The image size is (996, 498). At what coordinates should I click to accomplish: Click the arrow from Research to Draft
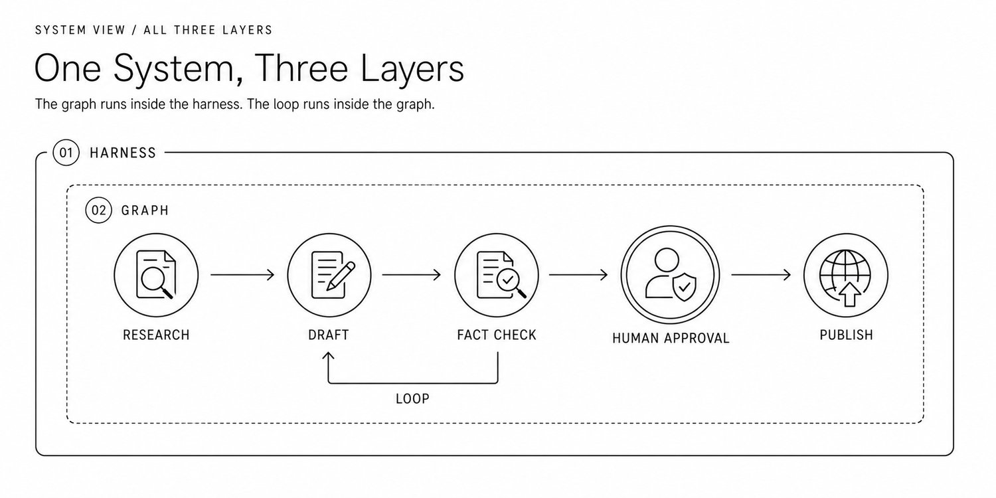click(x=242, y=275)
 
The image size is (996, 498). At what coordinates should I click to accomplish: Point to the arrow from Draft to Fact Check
click(x=411, y=275)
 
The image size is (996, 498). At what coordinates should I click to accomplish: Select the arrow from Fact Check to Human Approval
click(x=578, y=275)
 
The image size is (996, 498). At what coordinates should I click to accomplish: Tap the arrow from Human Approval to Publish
click(x=761, y=275)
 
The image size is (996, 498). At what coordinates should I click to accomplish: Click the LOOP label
click(x=412, y=398)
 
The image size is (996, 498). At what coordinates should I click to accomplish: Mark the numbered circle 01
click(x=66, y=153)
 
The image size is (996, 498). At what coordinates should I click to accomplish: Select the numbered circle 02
click(x=99, y=210)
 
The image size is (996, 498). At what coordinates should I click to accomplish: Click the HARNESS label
click(x=123, y=153)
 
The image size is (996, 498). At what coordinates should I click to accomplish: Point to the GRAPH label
click(x=145, y=210)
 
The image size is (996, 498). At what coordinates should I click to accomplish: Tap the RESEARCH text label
click(x=156, y=335)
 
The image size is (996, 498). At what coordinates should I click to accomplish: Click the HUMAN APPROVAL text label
click(x=671, y=339)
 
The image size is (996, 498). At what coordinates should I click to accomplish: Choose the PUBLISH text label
click(x=846, y=335)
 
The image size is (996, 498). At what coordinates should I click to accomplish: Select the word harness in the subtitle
click(x=217, y=104)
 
